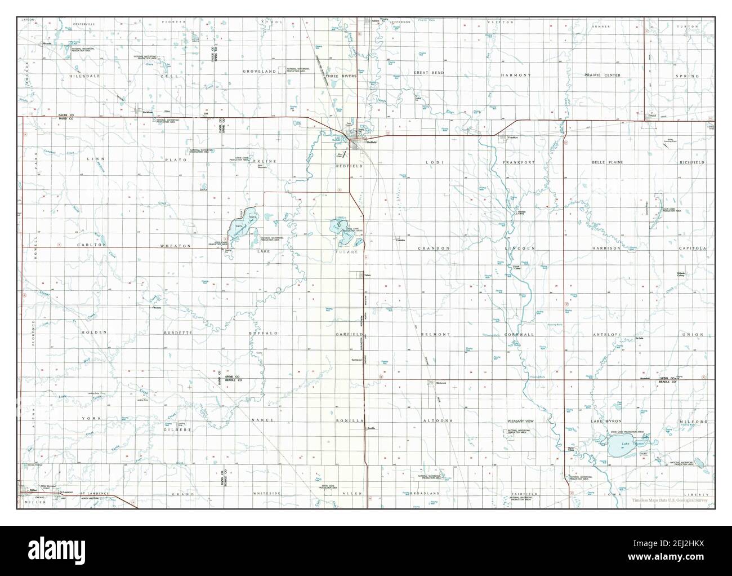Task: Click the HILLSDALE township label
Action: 84,75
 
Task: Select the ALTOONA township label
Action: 436,421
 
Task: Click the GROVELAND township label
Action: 260,72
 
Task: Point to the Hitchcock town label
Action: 440,384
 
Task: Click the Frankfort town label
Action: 512,137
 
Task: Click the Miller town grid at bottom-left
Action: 26,491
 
